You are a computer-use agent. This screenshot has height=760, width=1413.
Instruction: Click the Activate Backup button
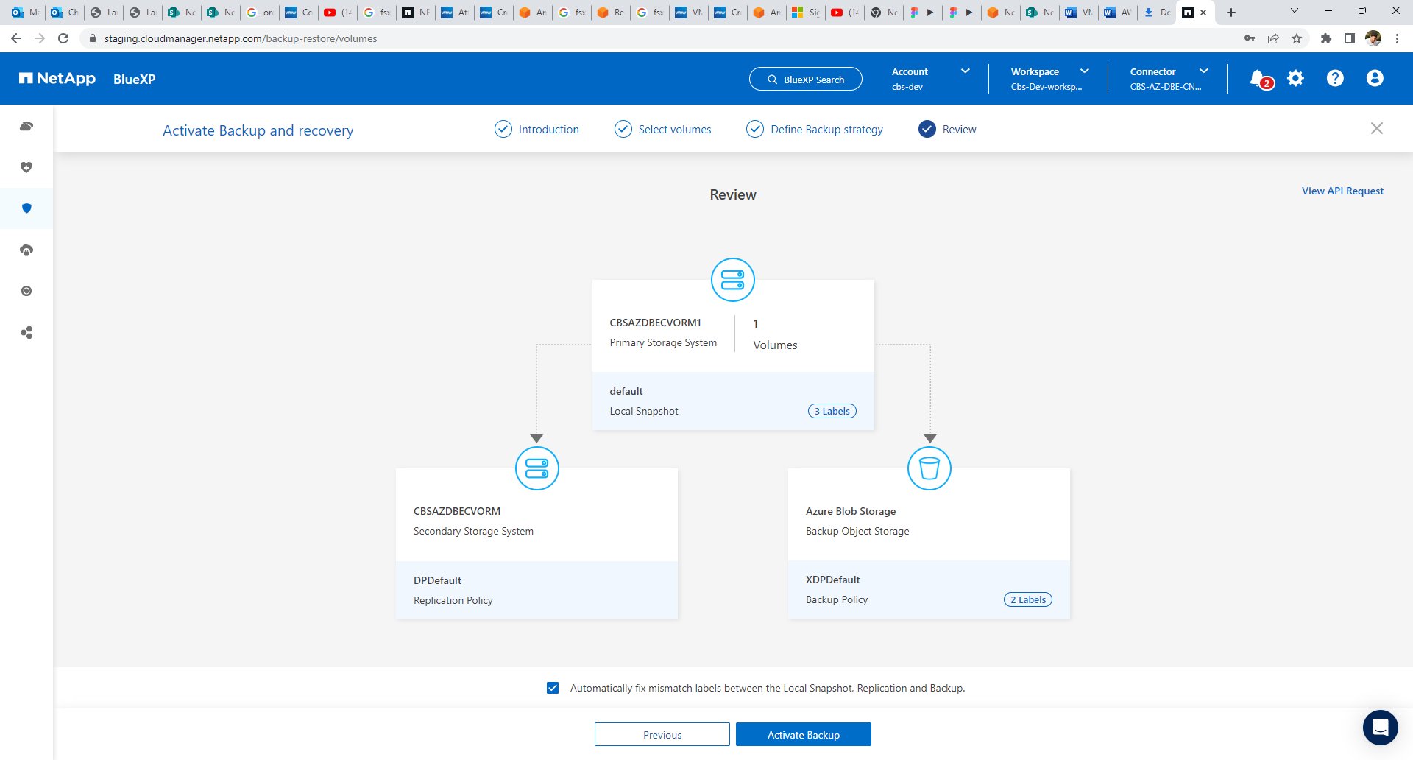tap(803, 734)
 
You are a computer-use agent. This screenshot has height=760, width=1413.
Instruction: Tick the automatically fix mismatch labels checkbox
tap(553, 688)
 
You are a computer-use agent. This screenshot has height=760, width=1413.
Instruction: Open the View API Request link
tap(1342, 191)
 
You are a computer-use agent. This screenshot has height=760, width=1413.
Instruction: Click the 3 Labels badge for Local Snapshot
tap(832, 411)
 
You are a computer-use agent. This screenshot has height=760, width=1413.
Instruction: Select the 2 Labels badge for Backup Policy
tap(1028, 599)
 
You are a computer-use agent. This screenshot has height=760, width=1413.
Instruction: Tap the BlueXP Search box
tap(805, 79)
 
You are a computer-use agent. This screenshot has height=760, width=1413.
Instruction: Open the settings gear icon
tap(1295, 78)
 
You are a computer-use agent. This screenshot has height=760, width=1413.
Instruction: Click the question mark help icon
tap(1335, 78)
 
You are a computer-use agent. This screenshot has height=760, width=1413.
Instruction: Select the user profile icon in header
tap(1375, 78)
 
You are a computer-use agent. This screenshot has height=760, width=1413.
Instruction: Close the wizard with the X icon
tap(1377, 128)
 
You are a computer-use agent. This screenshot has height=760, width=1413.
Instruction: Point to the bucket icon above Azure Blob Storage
tap(929, 468)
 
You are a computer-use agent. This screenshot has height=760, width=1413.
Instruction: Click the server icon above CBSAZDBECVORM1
tap(733, 280)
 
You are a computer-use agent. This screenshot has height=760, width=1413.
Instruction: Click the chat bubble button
tap(1380, 728)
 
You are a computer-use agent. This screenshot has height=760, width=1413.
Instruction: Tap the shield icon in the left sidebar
tap(27, 208)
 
